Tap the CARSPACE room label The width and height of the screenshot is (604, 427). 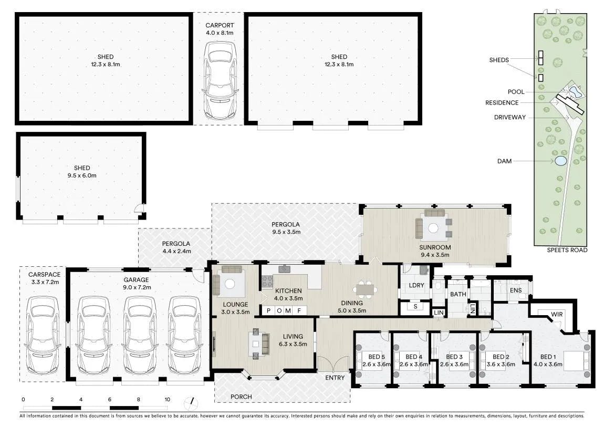click(44, 275)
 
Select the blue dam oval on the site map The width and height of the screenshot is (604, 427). click(560, 161)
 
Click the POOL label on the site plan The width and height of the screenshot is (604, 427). click(516, 91)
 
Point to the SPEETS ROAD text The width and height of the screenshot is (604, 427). click(567, 250)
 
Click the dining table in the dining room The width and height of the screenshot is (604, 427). click(364, 290)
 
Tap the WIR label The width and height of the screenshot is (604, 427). click(557, 314)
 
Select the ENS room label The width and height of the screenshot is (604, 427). click(516, 290)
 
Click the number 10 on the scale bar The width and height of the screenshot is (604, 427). click(167, 399)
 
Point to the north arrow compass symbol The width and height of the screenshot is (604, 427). click(191, 403)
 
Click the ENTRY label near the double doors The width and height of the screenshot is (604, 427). click(335, 378)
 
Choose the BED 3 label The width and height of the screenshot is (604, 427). click(454, 357)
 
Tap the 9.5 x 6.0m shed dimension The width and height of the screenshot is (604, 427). click(82, 175)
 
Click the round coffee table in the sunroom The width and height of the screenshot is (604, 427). click(433, 228)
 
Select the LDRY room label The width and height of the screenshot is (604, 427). click(416, 285)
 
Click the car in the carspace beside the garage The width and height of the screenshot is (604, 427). click(43, 335)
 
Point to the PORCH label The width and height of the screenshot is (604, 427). click(241, 397)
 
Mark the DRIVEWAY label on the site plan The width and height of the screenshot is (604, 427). click(509, 118)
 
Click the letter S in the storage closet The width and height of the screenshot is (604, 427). click(415, 307)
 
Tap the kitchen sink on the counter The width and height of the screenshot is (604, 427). click(285, 269)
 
